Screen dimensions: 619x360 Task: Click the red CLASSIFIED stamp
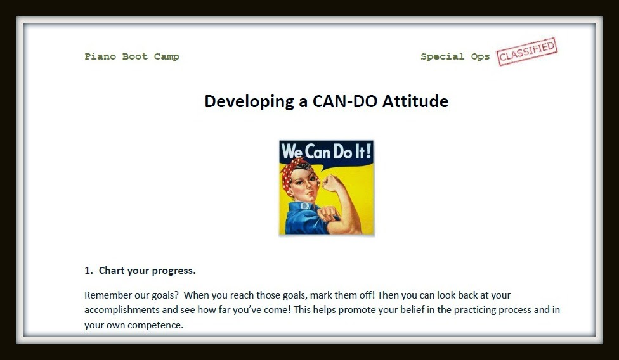(526, 51)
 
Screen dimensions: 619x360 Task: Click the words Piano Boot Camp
(132, 57)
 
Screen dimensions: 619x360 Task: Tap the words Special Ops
(455, 57)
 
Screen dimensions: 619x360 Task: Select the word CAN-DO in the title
(344, 101)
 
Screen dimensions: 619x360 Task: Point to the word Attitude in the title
(415, 101)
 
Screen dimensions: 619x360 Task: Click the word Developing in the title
(249, 102)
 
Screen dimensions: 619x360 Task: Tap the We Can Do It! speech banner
(327, 151)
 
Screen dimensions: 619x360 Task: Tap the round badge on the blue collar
(305, 206)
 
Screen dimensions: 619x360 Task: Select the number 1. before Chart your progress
(88, 271)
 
